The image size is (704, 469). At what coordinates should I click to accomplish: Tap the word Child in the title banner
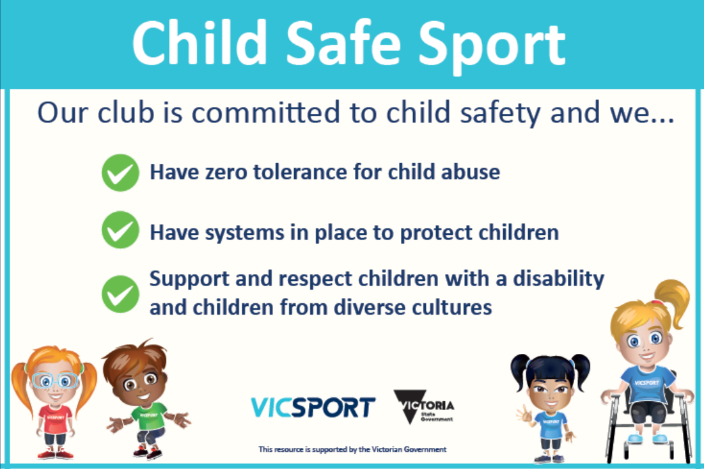199,42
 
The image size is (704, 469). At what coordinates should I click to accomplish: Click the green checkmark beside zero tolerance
120,173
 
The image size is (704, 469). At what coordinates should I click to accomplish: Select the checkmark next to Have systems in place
120,230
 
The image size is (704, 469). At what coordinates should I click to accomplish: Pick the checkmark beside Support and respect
120,294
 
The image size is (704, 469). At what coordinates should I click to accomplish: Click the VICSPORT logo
313,407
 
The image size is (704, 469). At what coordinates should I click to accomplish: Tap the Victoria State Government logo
425,406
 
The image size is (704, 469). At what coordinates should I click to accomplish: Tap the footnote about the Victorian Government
352,449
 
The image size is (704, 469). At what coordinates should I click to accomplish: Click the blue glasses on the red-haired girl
55,381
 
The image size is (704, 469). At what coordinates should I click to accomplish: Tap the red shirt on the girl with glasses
55,418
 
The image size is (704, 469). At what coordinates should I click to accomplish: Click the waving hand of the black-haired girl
524,414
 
